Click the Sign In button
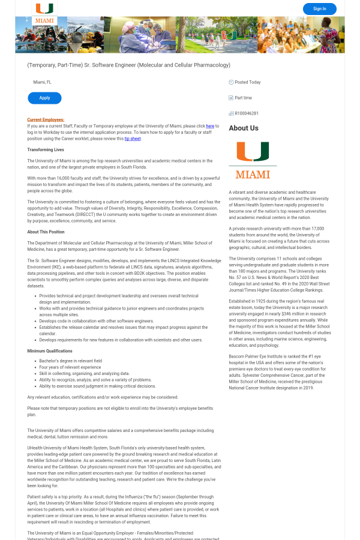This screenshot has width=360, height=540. point(319,9)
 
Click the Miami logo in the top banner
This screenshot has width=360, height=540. point(44,13)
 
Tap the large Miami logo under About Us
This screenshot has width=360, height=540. point(253,160)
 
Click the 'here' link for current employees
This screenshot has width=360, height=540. point(210,127)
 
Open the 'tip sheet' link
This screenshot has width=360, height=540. point(133,139)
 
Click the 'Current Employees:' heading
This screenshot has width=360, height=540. point(46,120)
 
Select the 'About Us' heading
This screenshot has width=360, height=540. point(244,128)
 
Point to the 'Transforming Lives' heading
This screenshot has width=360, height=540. point(46,149)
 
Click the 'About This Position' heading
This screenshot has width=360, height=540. point(46,232)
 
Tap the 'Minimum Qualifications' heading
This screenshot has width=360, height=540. point(50,351)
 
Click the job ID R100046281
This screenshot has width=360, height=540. point(247,113)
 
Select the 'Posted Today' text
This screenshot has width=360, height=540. point(248,82)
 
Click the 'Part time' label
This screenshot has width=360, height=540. point(244,98)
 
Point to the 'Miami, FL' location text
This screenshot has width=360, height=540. point(43,82)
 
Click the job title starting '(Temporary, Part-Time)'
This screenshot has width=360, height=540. point(128,65)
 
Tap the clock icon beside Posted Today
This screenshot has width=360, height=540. point(231,82)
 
